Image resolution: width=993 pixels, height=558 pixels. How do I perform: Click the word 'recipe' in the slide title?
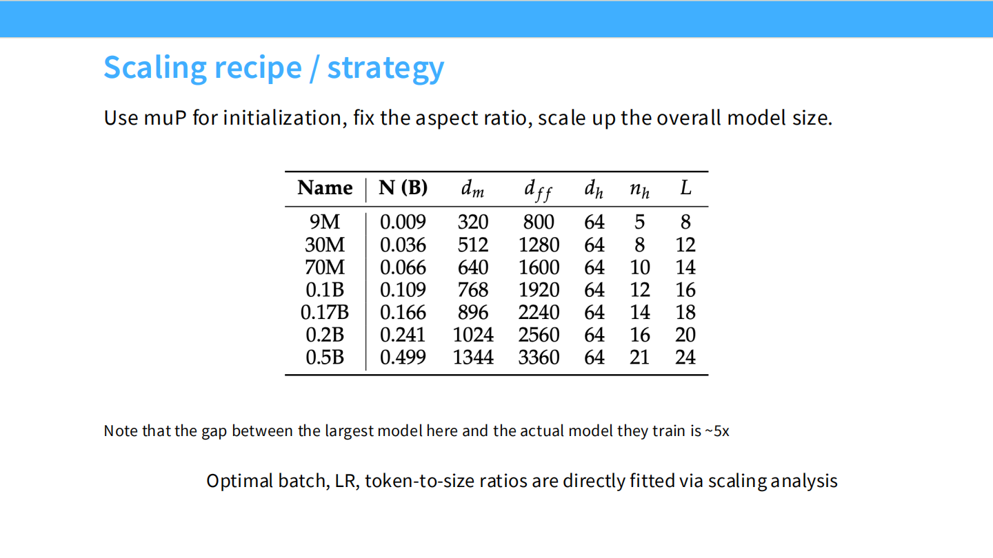coord(258,68)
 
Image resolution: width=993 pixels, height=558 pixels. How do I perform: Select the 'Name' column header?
coord(325,188)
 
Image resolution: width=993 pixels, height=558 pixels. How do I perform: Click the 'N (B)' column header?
coord(403,188)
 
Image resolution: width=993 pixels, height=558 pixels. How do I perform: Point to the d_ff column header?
coord(538,190)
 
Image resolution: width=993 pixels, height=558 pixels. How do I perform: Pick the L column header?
coord(685,188)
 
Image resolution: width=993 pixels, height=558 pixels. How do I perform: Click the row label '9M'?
coord(325,222)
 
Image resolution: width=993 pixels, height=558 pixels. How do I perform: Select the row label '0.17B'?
coord(325,312)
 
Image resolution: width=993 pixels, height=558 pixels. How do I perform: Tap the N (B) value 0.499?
coord(403,358)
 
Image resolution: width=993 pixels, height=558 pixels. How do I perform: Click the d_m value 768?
coord(473,290)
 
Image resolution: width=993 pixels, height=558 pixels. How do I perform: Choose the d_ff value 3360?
coord(539,358)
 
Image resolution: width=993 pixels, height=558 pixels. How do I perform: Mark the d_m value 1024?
coord(473,335)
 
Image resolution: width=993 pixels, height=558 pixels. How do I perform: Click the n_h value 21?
coord(640,358)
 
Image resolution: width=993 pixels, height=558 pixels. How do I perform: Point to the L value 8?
coord(685,222)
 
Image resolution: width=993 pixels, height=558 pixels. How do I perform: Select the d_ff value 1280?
coord(539,245)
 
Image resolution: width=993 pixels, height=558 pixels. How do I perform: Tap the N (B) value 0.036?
coord(403,245)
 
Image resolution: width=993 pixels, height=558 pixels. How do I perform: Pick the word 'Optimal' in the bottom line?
coord(240,482)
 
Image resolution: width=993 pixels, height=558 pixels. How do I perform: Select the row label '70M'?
coord(325,267)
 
